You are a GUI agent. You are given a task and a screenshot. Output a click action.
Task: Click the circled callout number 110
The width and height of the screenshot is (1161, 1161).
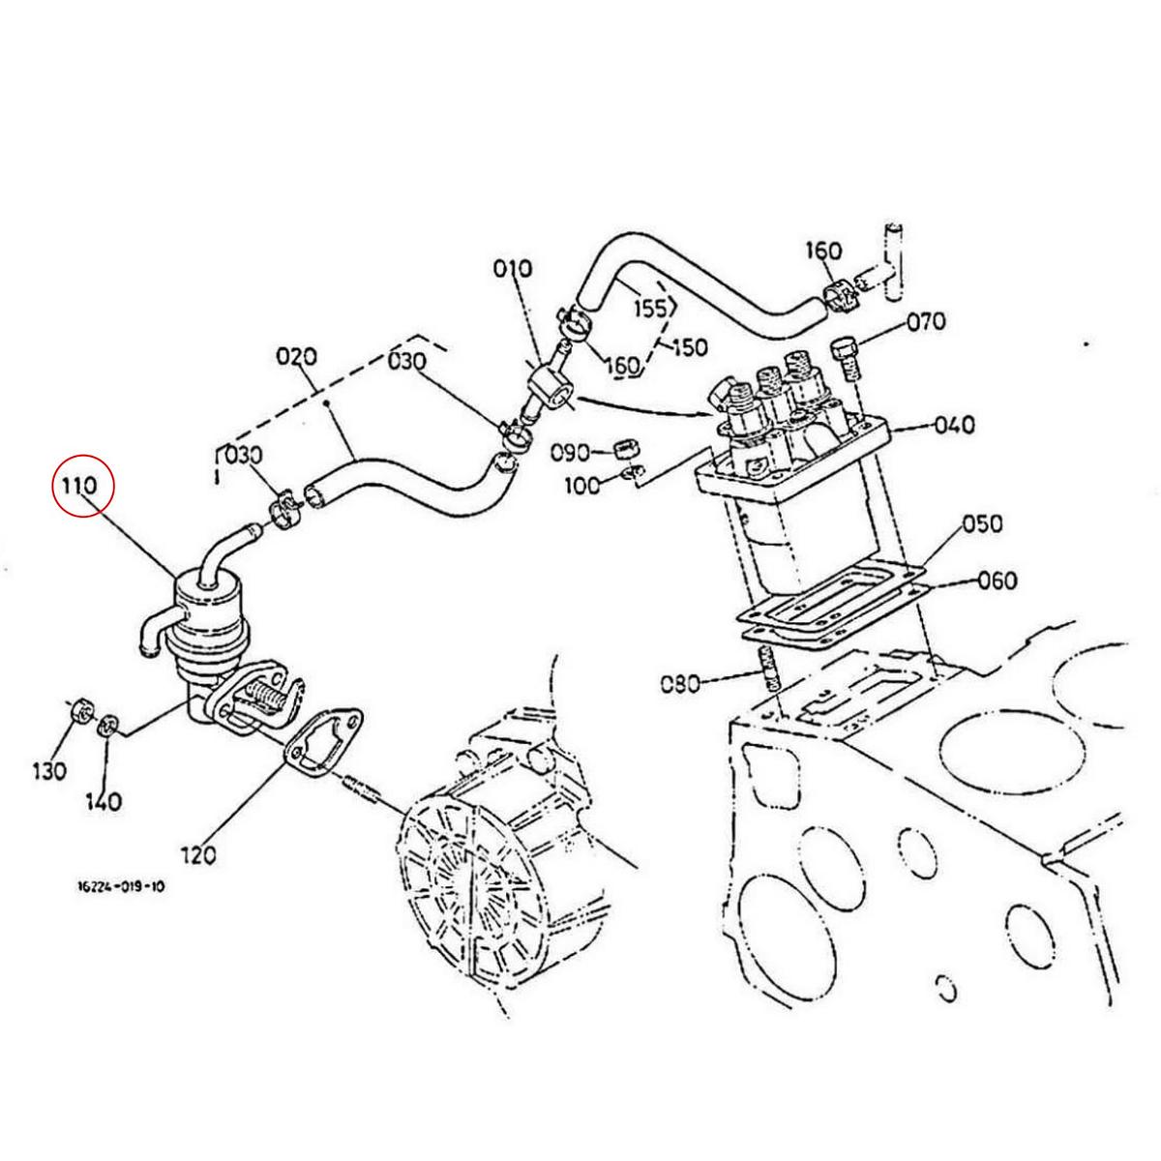point(82,487)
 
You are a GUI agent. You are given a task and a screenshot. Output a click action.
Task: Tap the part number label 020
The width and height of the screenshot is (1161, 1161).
point(296,357)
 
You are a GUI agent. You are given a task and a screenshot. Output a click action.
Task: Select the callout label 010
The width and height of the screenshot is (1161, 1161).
point(513,268)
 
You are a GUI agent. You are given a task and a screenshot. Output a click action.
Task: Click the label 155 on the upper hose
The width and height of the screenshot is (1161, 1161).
point(650,308)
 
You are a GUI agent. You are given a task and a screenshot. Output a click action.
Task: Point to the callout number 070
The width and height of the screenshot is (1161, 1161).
point(926,321)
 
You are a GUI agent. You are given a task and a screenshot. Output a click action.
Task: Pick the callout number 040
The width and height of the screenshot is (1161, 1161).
point(955,424)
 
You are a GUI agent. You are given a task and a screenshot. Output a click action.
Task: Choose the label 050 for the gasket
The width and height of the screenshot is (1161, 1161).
point(982,523)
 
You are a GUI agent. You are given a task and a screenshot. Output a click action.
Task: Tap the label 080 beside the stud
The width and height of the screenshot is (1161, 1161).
point(679,684)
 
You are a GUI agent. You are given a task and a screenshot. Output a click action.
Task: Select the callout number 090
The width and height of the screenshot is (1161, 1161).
point(571,452)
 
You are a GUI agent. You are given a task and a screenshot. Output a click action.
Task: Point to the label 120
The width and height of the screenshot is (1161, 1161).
point(197,854)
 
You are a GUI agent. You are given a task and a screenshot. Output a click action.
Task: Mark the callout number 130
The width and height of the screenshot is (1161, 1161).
point(49,771)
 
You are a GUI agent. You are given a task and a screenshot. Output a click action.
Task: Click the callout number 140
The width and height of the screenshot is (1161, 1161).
point(104,801)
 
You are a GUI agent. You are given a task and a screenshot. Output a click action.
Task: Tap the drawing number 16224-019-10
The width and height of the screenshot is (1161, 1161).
point(121,885)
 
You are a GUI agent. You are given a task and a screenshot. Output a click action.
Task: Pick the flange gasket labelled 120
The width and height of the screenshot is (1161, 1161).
point(324,741)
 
